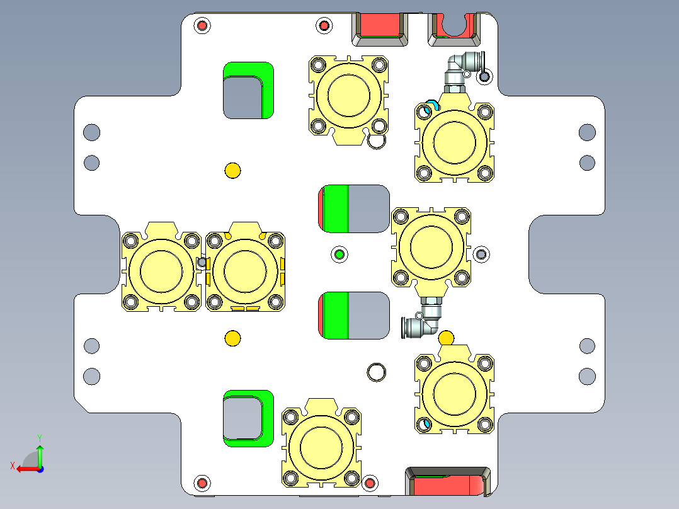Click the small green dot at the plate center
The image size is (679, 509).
click(339, 254)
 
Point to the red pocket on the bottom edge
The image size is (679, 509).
click(448, 483)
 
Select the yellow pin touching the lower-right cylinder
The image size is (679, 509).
click(446, 338)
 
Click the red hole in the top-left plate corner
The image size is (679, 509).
click(202, 26)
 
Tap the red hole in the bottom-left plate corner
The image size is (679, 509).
click(202, 483)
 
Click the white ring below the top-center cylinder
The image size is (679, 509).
click(376, 142)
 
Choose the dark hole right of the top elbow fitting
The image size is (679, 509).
click(484, 77)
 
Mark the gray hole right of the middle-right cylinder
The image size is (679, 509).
click(482, 254)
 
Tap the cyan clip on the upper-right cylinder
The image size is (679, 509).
click(430, 105)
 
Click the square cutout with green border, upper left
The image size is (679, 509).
click(244, 96)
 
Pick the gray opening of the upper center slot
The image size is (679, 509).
click(368, 209)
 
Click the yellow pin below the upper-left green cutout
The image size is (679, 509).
click(232, 170)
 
